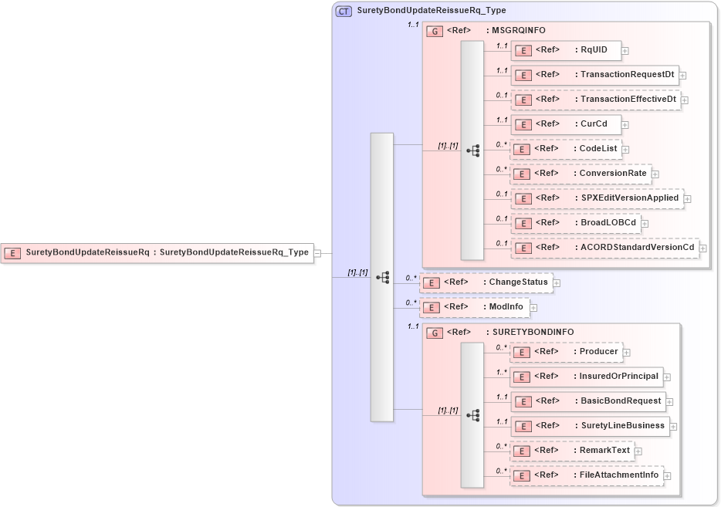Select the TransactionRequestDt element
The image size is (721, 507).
point(594,75)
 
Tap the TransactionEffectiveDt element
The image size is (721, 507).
point(595,100)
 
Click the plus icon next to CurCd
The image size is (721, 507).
point(625,125)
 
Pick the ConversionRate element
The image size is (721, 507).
point(581,174)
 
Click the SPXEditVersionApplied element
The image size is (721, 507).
point(597,198)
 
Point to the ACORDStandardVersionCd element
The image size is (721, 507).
point(604,248)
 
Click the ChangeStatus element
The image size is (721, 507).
point(486,282)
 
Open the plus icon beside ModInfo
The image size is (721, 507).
point(533,308)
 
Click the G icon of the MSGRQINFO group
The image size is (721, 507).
point(435,31)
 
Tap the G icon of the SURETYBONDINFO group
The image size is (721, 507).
point(435,333)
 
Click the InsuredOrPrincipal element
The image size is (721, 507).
point(586,377)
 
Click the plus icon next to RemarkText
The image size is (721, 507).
point(638,451)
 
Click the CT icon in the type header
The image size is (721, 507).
point(344,11)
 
